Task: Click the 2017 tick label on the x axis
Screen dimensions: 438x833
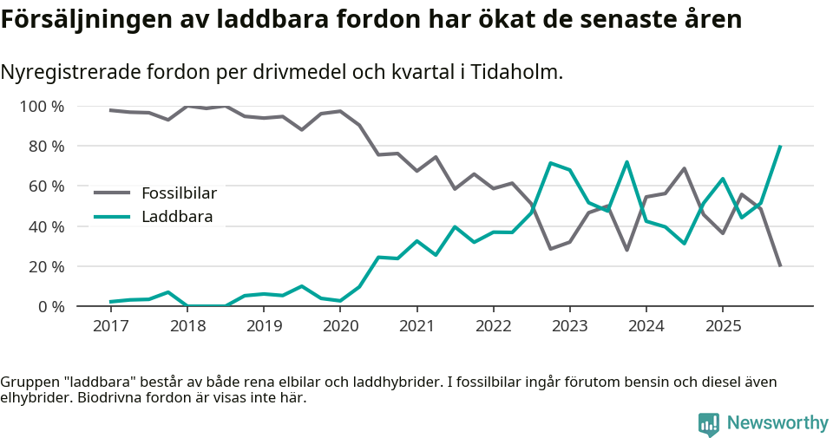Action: pos(111,326)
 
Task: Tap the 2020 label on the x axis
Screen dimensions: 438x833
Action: pos(340,326)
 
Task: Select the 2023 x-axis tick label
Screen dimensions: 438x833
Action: pos(569,326)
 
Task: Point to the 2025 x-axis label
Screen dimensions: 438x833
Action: pos(722,326)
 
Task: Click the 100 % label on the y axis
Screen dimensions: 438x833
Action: pos(42,107)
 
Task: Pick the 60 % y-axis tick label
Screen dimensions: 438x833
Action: pos(45,186)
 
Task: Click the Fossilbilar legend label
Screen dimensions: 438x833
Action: pos(179,193)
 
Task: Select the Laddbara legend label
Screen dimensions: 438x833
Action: pos(177,217)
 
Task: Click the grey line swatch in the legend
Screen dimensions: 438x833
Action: pos(112,193)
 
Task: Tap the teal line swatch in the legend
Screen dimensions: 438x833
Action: pos(112,217)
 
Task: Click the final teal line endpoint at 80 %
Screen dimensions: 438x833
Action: pos(780,147)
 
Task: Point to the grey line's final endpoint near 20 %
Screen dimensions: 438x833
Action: pos(780,265)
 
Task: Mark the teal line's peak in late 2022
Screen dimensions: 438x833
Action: pos(550,163)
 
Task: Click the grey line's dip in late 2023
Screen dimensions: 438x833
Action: pos(626,250)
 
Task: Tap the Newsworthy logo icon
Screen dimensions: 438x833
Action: pos(709,423)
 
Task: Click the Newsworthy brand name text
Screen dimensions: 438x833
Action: pos(777,423)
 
